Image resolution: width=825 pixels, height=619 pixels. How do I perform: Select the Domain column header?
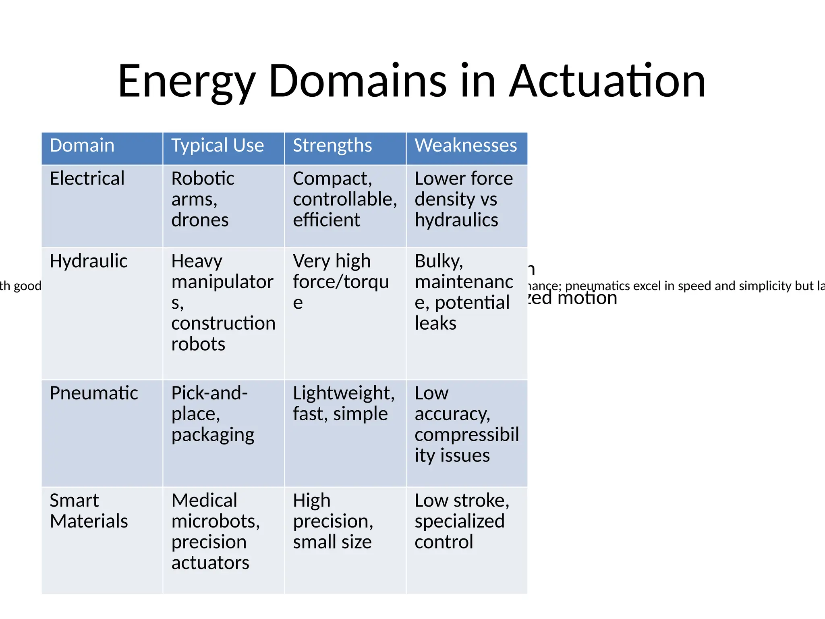(x=82, y=145)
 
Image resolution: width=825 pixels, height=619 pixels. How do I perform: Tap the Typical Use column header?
(x=218, y=145)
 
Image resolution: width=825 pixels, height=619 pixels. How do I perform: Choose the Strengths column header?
(x=332, y=145)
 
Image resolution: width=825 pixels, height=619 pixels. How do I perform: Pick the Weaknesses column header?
(x=466, y=145)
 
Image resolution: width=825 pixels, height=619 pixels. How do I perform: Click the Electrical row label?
(x=87, y=179)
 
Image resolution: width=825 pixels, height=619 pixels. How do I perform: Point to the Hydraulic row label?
(x=88, y=261)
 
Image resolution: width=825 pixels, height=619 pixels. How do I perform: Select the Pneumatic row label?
(x=93, y=393)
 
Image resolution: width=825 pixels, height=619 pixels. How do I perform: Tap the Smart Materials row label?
(x=89, y=511)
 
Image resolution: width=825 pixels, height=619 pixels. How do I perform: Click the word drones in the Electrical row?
(x=200, y=220)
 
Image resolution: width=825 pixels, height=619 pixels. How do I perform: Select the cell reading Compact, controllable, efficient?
(x=344, y=199)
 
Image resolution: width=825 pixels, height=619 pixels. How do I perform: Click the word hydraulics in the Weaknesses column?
(x=456, y=220)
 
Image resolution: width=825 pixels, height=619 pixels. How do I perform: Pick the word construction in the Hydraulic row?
(x=223, y=323)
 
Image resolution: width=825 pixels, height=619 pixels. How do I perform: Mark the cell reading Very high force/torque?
(x=340, y=282)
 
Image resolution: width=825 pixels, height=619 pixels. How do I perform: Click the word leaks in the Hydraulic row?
(x=435, y=323)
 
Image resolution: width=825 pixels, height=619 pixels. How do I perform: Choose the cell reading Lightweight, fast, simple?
(x=343, y=403)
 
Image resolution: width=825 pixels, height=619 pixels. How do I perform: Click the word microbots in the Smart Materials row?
(x=215, y=521)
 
